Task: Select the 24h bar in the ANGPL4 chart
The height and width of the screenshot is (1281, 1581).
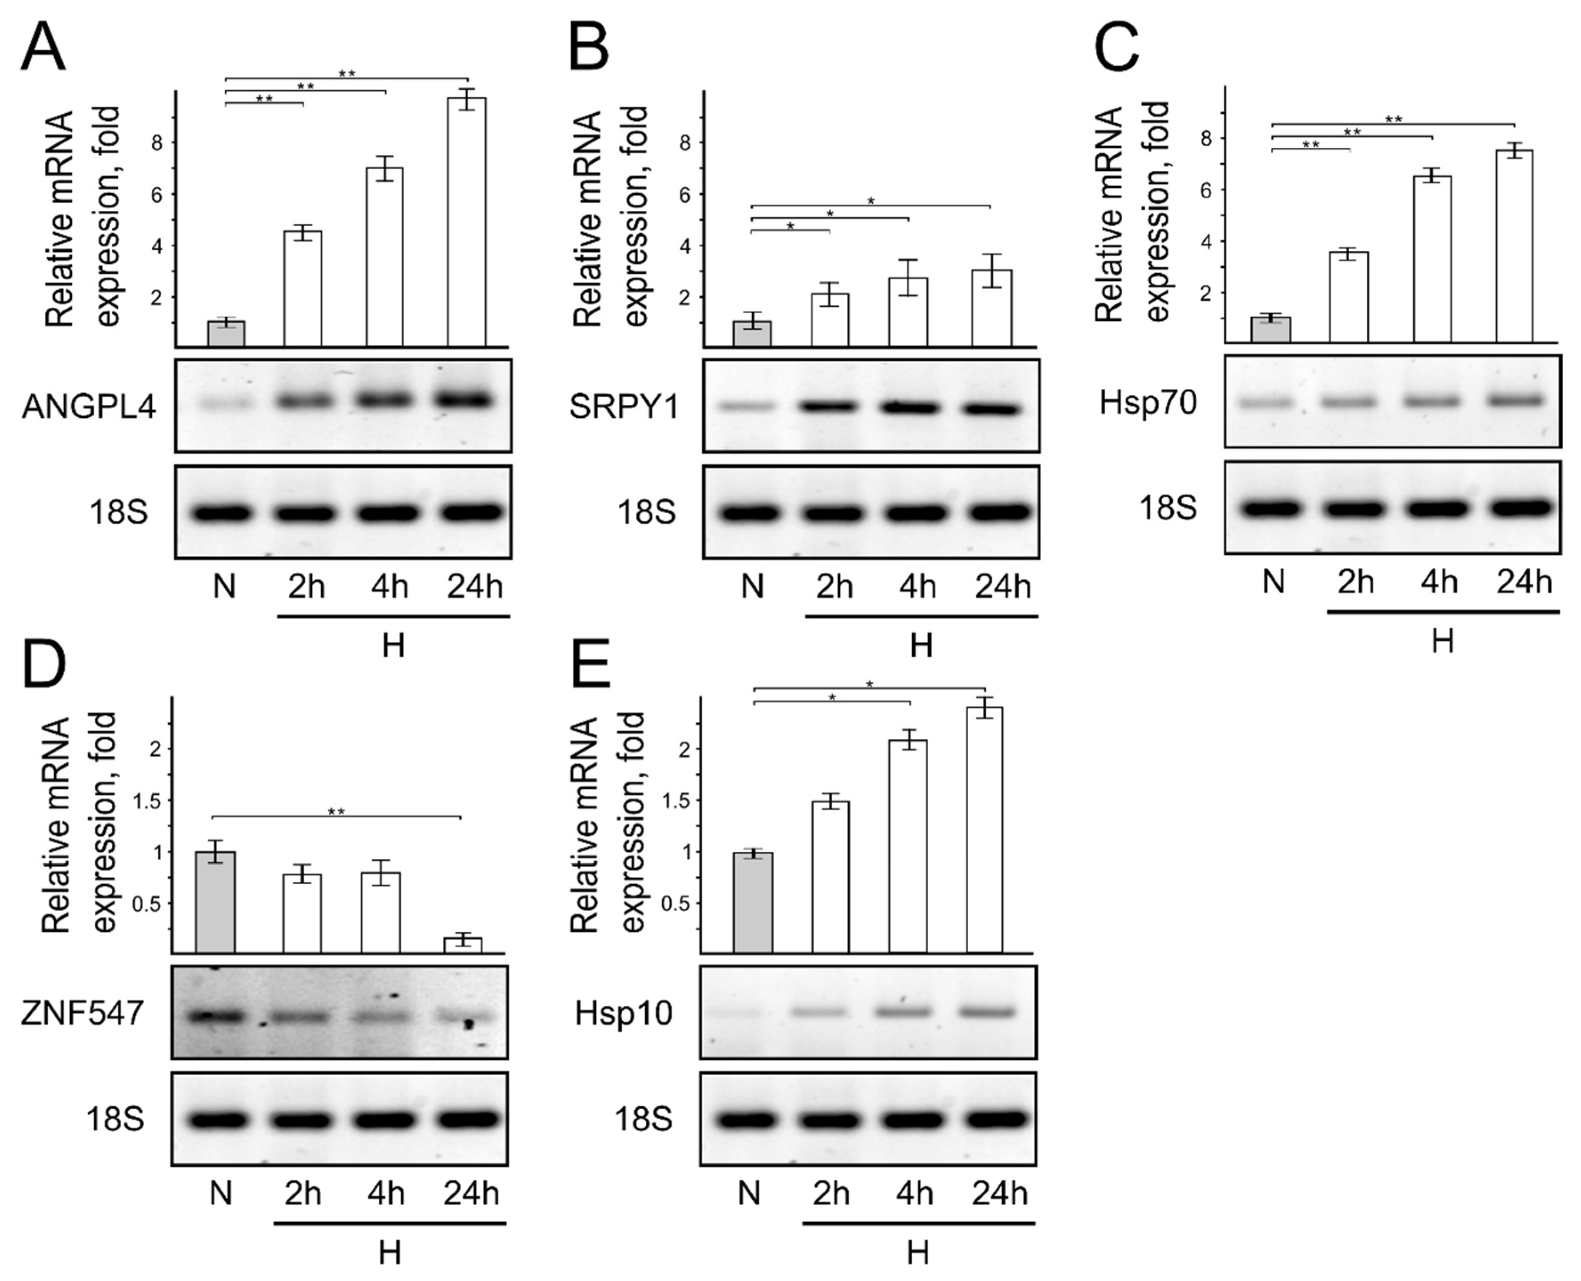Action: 466,222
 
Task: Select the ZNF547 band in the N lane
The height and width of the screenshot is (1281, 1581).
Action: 215,1017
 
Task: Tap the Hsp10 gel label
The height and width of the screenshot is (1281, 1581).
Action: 624,1013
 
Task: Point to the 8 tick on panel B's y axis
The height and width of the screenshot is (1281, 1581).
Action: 684,142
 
